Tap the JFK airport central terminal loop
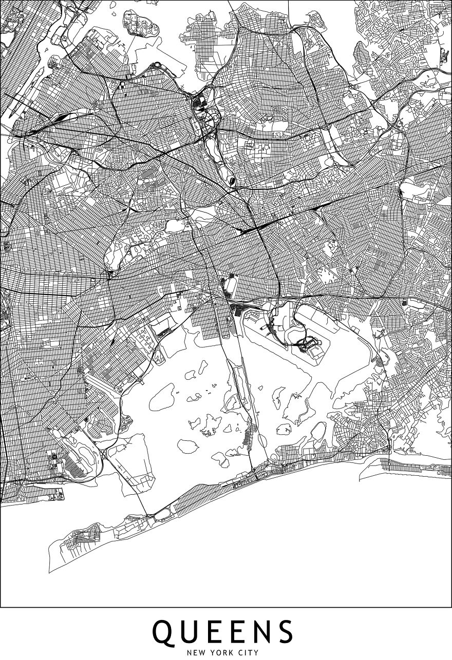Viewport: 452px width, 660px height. pos(307,347)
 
